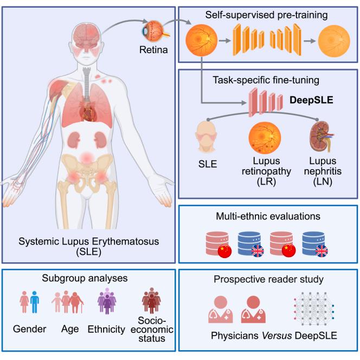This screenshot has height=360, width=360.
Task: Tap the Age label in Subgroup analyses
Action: pyautogui.click(x=68, y=329)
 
